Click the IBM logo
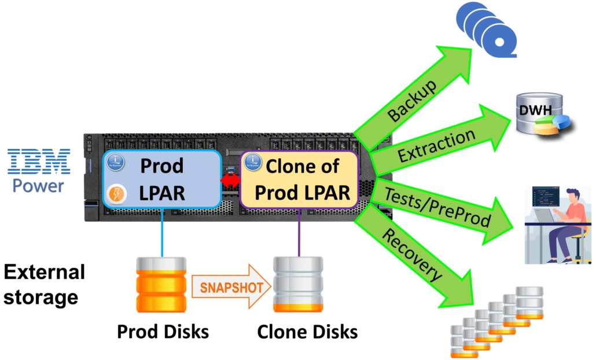[x=39, y=161]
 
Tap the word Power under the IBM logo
[x=39, y=186]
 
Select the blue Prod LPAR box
[x=161, y=179]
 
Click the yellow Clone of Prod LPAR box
[x=300, y=179]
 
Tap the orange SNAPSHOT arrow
[x=230, y=286]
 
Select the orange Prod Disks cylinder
[x=161, y=285]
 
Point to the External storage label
[x=44, y=284]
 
